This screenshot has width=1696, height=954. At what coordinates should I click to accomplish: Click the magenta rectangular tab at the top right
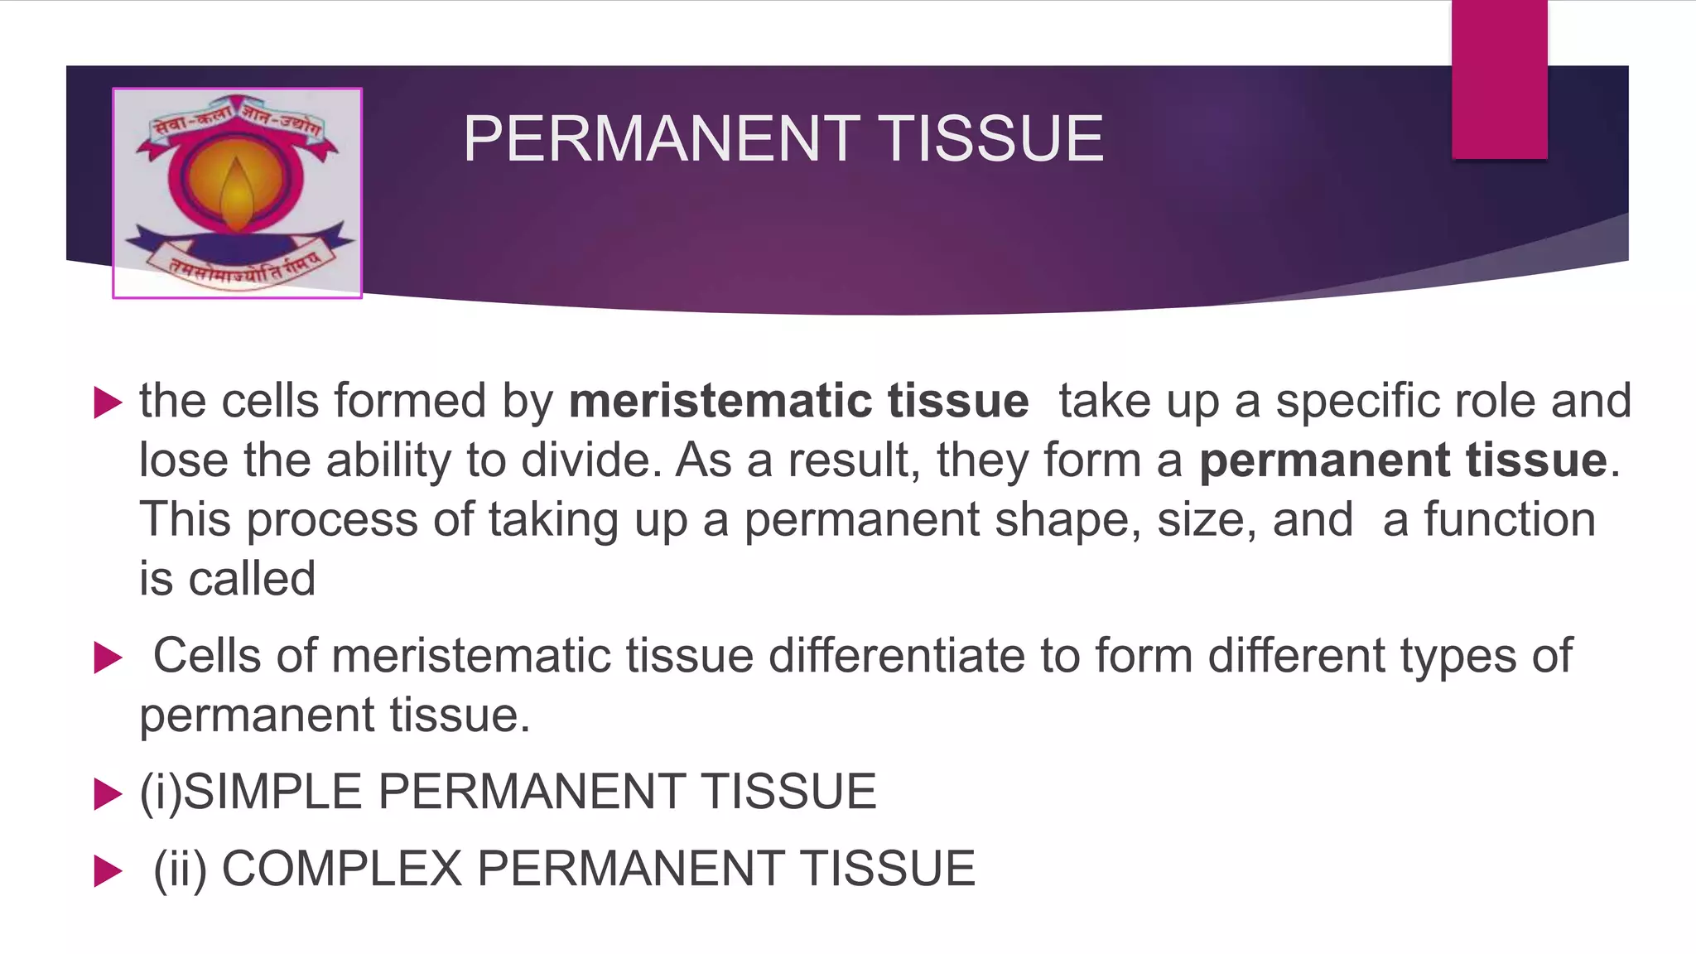click(x=1499, y=79)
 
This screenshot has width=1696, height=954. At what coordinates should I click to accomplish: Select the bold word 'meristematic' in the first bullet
click(x=720, y=401)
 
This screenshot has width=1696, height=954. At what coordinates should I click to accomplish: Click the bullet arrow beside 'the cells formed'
click(x=108, y=402)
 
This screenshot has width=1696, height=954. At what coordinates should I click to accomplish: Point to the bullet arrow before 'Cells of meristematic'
click(x=108, y=658)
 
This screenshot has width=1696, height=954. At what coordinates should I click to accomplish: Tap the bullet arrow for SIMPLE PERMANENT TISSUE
click(x=108, y=793)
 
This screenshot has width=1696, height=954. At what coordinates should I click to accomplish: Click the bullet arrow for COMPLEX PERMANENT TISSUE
click(x=108, y=870)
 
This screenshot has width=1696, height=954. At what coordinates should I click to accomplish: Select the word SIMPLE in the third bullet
click(x=272, y=791)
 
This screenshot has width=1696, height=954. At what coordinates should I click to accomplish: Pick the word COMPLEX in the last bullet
click(x=341, y=869)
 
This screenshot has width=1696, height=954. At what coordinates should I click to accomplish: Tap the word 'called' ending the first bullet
click(x=252, y=578)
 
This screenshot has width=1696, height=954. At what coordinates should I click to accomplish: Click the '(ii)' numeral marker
click(x=180, y=869)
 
